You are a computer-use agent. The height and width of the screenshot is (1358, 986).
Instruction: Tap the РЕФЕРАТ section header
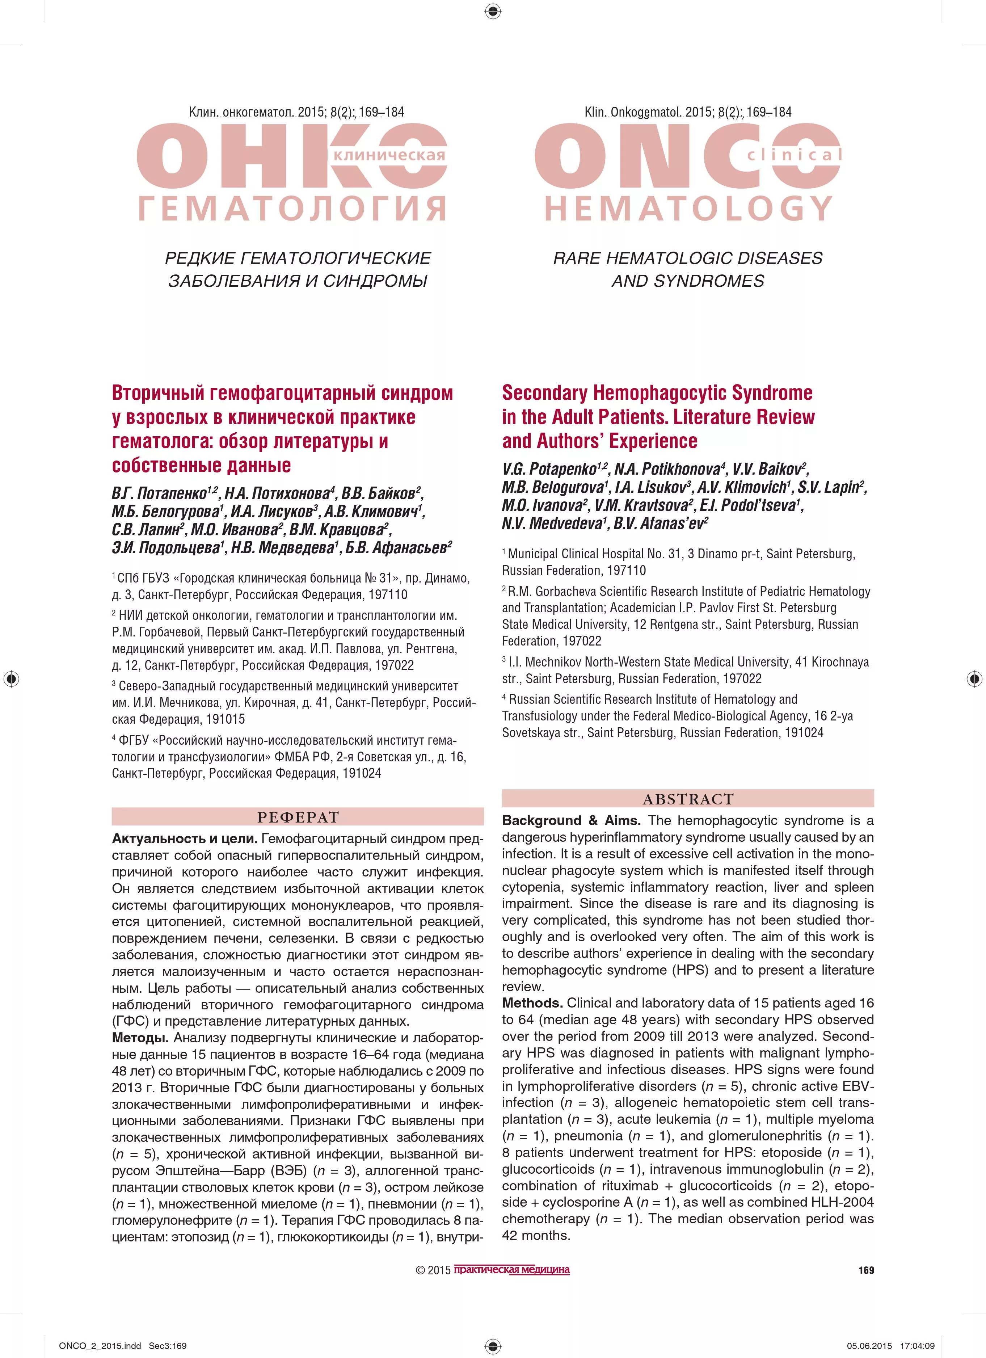[x=298, y=817]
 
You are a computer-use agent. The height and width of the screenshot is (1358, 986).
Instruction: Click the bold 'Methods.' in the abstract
[x=532, y=1003]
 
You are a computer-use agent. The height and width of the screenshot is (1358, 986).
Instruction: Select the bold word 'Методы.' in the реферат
[x=141, y=1038]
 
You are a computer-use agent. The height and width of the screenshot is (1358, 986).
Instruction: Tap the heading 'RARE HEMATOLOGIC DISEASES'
[x=688, y=258]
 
